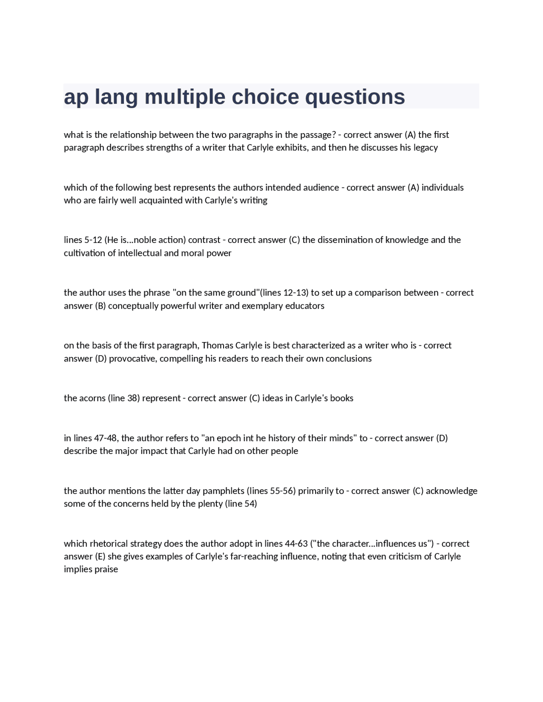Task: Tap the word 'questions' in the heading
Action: click(x=355, y=97)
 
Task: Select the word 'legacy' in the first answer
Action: click(x=425, y=148)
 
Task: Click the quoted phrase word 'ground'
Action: click(x=241, y=292)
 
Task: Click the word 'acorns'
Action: click(x=92, y=398)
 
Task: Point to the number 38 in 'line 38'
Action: click(x=132, y=398)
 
